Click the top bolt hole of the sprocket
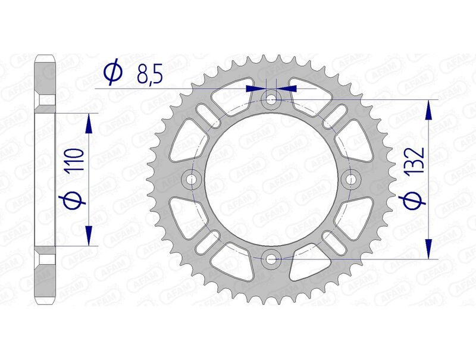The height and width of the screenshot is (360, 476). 271,99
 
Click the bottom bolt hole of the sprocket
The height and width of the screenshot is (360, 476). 271,259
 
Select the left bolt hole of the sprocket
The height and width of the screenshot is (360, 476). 192,179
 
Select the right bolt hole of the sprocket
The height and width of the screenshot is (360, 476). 352,179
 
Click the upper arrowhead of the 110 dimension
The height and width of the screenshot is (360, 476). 89,123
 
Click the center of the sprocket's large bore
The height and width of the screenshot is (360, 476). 271,179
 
